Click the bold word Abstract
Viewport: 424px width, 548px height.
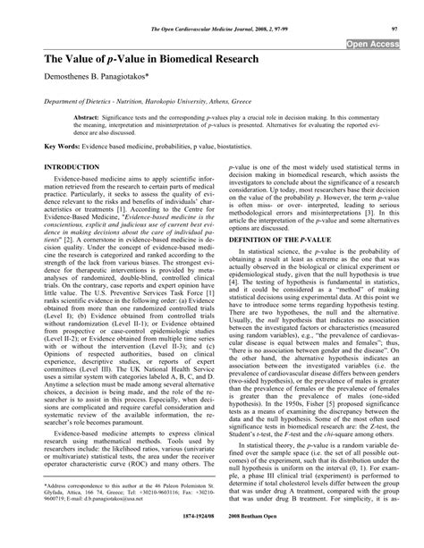pyautogui.click(x=87, y=117)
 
